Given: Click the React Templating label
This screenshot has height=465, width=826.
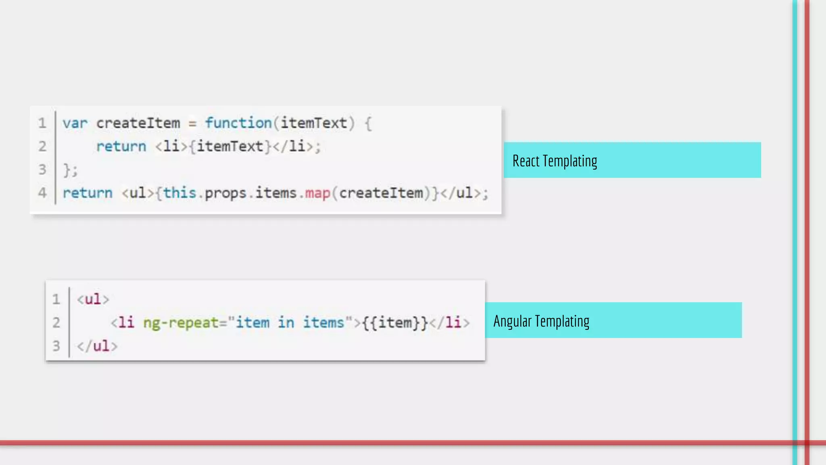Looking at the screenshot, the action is coord(555,161).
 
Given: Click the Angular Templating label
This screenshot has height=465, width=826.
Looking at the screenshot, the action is coord(541,321).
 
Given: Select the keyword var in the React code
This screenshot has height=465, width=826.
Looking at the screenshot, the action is coord(75,123).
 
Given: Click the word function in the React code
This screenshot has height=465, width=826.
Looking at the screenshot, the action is coord(238,123).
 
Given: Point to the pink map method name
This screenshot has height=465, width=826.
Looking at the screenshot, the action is coord(317,193).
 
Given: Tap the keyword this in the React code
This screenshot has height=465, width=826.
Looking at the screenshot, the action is coord(179,193).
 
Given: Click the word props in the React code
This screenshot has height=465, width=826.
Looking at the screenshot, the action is coord(225,194).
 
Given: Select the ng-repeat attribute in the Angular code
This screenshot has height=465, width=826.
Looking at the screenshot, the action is coord(181,323).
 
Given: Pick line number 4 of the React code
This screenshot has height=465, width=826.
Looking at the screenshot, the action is coord(42,193).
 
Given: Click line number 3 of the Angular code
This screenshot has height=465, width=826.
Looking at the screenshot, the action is coord(56,346).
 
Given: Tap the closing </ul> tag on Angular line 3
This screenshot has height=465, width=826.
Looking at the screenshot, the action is coord(97,346).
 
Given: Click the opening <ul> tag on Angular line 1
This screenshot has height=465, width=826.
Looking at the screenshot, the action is coord(93,299).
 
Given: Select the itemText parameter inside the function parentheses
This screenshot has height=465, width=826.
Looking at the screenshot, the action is coord(314,123).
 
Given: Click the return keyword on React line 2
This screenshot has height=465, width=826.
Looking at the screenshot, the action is coord(121,147).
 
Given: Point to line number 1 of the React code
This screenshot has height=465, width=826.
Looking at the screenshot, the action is coord(42,123).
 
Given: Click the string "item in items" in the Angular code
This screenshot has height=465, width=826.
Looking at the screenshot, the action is coord(290,323).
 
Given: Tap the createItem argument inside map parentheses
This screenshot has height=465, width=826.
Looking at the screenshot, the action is coord(381,193).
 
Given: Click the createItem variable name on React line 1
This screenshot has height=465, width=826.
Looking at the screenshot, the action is coord(138,123).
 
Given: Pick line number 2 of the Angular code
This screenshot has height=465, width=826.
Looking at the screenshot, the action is coord(56,323).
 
